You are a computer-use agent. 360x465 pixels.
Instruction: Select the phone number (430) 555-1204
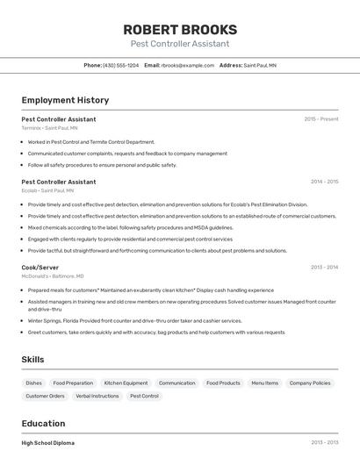pos(120,65)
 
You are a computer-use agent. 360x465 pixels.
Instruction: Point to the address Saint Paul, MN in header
pos(260,65)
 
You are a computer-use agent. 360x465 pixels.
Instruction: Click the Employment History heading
pos(65,100)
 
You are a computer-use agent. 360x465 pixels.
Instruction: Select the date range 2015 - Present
pos(320,118)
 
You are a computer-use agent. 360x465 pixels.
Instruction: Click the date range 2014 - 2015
pos(324,182)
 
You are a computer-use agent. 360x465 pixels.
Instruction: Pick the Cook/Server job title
pos(40,267)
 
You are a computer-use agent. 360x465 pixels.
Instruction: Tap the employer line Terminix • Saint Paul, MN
pos(49,127)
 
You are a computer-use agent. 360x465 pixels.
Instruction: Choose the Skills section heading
pos(32,359)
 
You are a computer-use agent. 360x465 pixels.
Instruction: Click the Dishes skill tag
pos(34,383)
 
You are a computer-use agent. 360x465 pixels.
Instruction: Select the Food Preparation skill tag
pos(73,383)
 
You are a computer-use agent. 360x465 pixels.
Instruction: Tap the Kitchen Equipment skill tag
pos(126,383)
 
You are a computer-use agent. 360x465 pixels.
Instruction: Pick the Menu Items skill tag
pos(264,383)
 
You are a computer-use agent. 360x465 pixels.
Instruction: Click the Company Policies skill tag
pos(310,383)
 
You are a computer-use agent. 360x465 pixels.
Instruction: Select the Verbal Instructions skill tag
pos(97,396)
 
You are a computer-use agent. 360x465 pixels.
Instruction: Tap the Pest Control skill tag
pos(144,396)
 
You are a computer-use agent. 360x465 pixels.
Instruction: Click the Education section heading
pos(43,424)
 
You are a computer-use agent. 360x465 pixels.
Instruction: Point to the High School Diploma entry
pos(48,443)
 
